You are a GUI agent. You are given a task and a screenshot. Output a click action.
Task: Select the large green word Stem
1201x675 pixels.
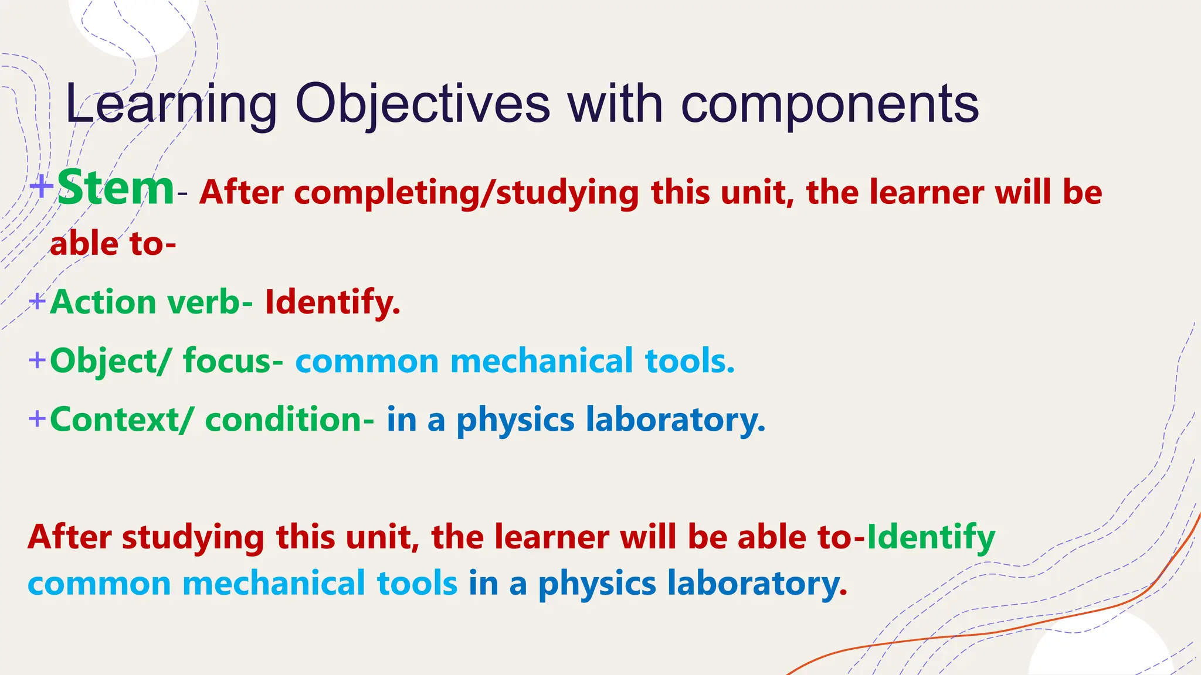coord(116,187)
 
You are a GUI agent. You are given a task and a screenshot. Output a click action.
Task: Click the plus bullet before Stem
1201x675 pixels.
coord(42,187)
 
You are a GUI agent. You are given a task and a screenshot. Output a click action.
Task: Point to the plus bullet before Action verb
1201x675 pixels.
coord(37,301)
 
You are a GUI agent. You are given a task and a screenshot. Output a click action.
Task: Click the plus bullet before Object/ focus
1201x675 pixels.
coord(37,360)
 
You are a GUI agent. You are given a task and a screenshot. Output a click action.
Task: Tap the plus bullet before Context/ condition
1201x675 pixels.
coord(37,418)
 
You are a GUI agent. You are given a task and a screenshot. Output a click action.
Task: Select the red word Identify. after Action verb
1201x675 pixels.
coord(333,302)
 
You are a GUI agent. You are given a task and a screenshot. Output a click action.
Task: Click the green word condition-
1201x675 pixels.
coord(289,420)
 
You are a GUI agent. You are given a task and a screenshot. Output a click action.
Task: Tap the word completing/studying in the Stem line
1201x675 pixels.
coord(419,193)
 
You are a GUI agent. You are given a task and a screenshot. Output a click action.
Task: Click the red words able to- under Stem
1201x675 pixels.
coord(113,244)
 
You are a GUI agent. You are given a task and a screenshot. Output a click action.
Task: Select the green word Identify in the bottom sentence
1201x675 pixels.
coord(931,537)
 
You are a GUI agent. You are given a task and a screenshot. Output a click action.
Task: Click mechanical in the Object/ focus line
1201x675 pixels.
coord(541,360)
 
